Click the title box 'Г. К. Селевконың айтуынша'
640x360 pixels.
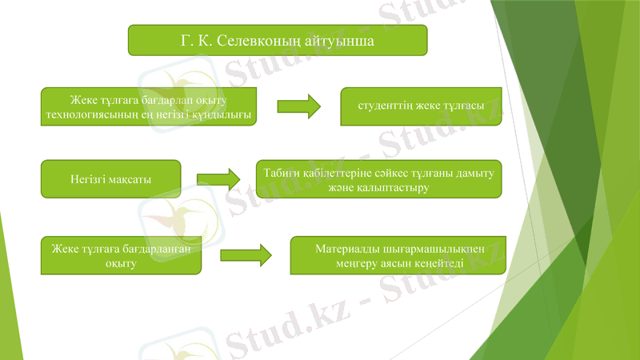point(278,39)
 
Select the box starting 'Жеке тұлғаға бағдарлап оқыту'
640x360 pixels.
point(149,106)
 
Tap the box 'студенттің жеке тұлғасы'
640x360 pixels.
point(421,106)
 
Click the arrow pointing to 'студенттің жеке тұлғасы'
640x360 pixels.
point(298,106)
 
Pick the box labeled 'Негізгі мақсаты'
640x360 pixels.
point(110,178)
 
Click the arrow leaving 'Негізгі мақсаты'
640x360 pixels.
point(218,179)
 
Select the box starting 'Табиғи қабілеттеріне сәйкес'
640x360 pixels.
point(378,180)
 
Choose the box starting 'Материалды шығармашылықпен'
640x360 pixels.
point(398,254)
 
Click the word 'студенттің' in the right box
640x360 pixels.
point(384,106)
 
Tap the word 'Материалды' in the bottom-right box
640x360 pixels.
point(345,248)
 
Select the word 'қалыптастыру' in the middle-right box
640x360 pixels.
point(397,188)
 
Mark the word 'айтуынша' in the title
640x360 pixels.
point(347,39)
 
